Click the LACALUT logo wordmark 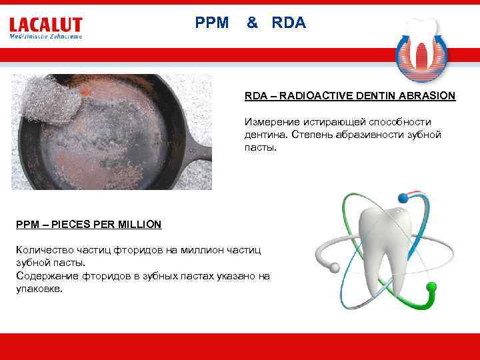click(45, 25)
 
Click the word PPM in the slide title click(212, 23)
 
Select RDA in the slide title click(289, 23)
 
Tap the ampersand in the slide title click(252, 23)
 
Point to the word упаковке click(39, 289)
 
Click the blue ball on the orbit click(402, 197)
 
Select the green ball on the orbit click(431, 288)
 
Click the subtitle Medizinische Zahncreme click(45, 37)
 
